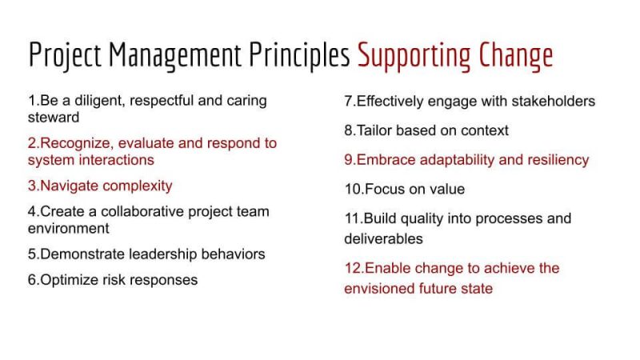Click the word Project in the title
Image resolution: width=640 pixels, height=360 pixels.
coord(65,55)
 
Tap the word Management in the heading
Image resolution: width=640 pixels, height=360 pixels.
coord(174,55)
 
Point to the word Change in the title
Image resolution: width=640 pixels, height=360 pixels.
coord(516,56)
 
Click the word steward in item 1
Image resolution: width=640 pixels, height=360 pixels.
coord(54,118)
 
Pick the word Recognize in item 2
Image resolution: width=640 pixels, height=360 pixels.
coord(75,144)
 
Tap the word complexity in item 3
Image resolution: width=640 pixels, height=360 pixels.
coord(137,186)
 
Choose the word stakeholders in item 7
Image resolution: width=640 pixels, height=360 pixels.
coord(553,102)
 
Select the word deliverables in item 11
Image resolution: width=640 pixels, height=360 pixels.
coord(383,238)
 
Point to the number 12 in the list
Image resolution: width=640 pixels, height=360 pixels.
coord(353,268)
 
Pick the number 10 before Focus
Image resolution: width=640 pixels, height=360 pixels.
coord(353,190)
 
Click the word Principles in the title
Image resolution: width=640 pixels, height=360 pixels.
coord(299,55)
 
